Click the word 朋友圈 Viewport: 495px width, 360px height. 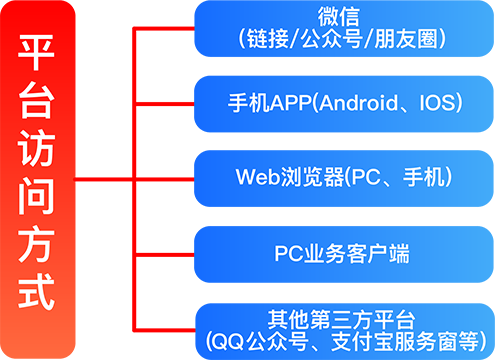click(x=405, y=40)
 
